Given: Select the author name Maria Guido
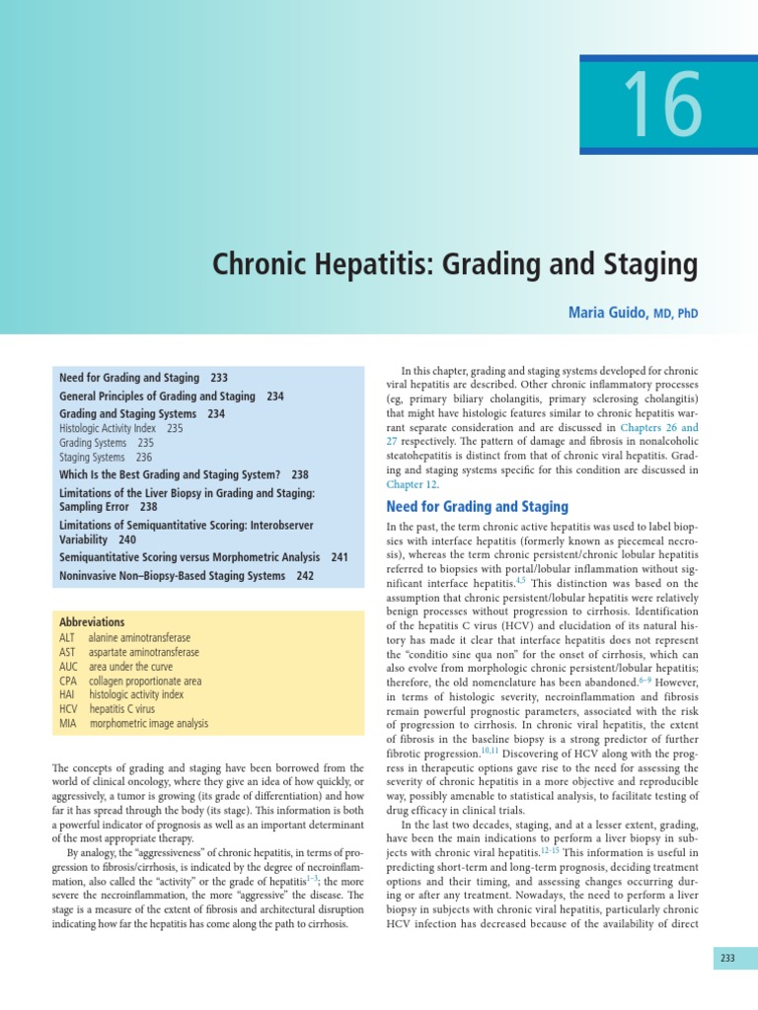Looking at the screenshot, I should point(605,313).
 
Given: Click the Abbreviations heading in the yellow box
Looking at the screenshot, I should point(92,622).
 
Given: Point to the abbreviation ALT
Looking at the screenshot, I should point(68,638).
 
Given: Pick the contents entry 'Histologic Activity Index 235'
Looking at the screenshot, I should point(120,429).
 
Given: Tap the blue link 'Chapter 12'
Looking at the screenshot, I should point(411,484).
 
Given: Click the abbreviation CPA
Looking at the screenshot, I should point(68,681).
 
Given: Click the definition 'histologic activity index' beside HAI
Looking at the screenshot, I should point(136,694).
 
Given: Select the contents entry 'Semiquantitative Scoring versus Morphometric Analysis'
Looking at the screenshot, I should point(189,557).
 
